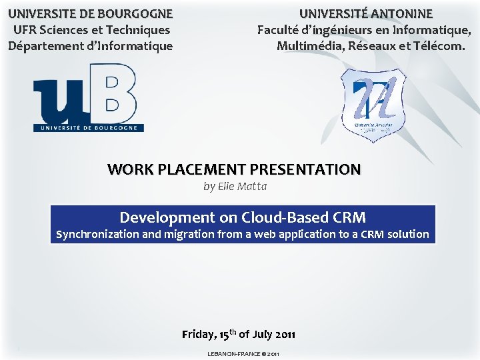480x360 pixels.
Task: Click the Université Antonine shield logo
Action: point(373,105)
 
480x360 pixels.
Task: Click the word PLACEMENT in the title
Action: point(197,169)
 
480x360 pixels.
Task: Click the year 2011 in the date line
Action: point(283,334)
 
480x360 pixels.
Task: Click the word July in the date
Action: point(263,334)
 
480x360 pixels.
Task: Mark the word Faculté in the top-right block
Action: point(279,30)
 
